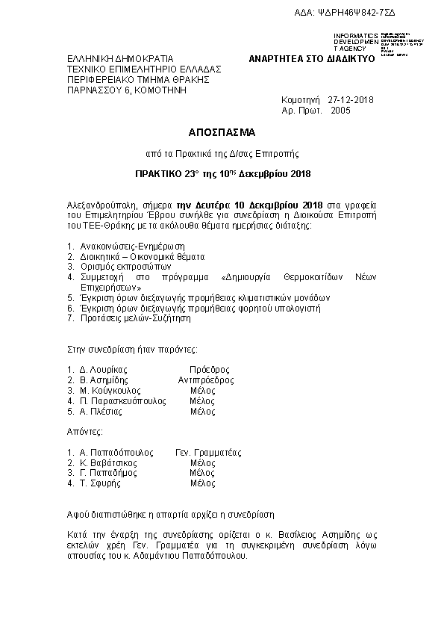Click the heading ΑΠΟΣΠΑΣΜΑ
click(221, 132)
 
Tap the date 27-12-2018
click(351, 99)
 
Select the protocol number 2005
click(340, 110)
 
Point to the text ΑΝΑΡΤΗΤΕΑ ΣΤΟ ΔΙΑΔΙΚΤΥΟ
click(310, 58)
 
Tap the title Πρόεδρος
click(209, 370)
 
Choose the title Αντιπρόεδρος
click(205, 380)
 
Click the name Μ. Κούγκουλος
click(109, 391)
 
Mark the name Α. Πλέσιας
click(101, 412)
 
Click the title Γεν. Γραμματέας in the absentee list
click(208, 453)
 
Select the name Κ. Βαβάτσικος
click(110, 463)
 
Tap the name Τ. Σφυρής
click(100, 483)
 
